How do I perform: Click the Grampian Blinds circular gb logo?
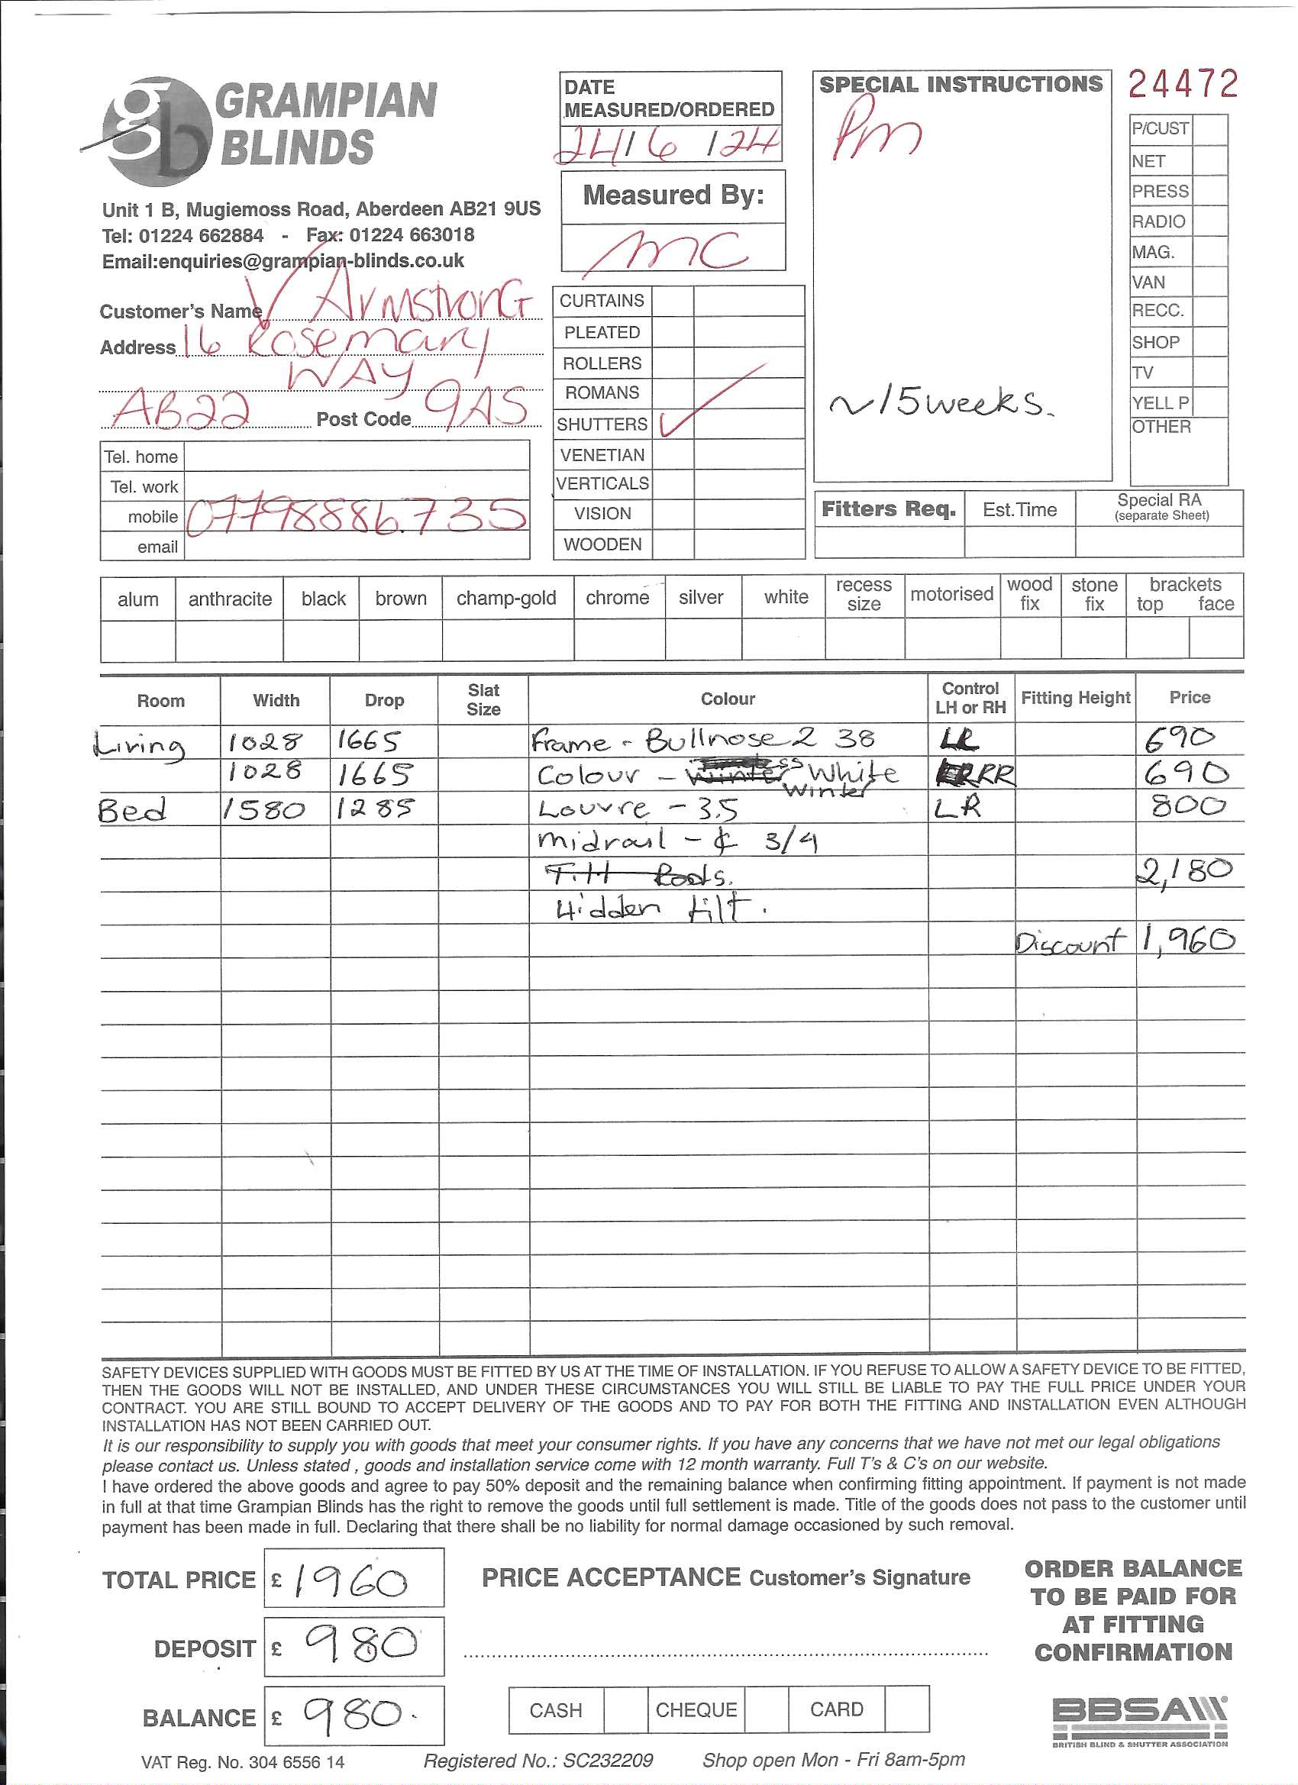pos(156,131)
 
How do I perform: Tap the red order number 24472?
pos(1182,84)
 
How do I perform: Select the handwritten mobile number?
pos(356,515)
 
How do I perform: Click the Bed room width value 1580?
pos(263,809)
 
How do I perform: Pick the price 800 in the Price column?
pos(1187,806)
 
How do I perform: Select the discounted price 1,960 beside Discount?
pos(1188,938)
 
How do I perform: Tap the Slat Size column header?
pos(483,699)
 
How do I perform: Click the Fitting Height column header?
pos(1074,697)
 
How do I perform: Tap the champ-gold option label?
pos(506,598)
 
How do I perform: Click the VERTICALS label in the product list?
pos(602,483)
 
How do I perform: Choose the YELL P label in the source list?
pos(1161,403)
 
